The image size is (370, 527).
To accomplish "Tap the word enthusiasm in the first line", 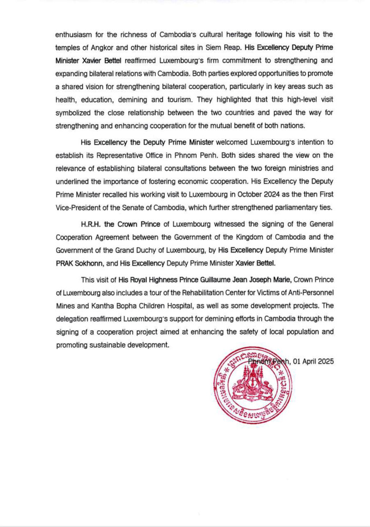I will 75,34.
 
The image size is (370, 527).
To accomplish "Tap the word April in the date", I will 303,362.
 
